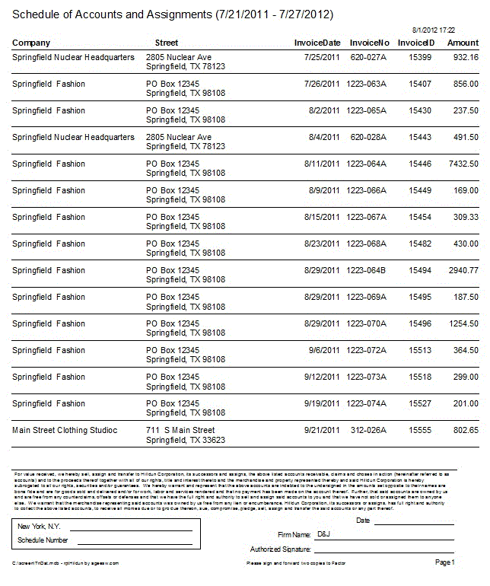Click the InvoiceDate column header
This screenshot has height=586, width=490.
click(x=317, y=43)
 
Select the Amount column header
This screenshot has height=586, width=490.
click(x=463, y=43)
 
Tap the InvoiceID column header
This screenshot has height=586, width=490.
click(x=416, y=43)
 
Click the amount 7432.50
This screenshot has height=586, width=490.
click(x=463, y=164)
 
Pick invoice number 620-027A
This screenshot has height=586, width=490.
click(x=368, y=57)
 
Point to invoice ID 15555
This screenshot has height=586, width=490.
click(x=420, y=430)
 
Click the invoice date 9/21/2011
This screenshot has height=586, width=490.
click(x=322, y=430)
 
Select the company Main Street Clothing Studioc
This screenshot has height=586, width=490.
click(x=65, y=430)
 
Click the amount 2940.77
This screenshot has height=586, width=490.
click(x=463, y=270)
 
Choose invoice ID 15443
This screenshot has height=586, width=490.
click(x=420, y=137)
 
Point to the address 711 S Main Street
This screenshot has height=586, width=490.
click(x=180, y=430)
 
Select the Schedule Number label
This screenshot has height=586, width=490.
click(x=43, y=540)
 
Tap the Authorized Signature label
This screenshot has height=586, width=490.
click(x=280, y=549)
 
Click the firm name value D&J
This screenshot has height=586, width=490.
click(x=323, y=535)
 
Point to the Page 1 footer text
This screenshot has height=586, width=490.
click(x=444, y=562)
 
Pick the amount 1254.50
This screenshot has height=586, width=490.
click(x=463, y=323)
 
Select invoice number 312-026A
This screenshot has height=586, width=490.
click(x=368, y=430)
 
